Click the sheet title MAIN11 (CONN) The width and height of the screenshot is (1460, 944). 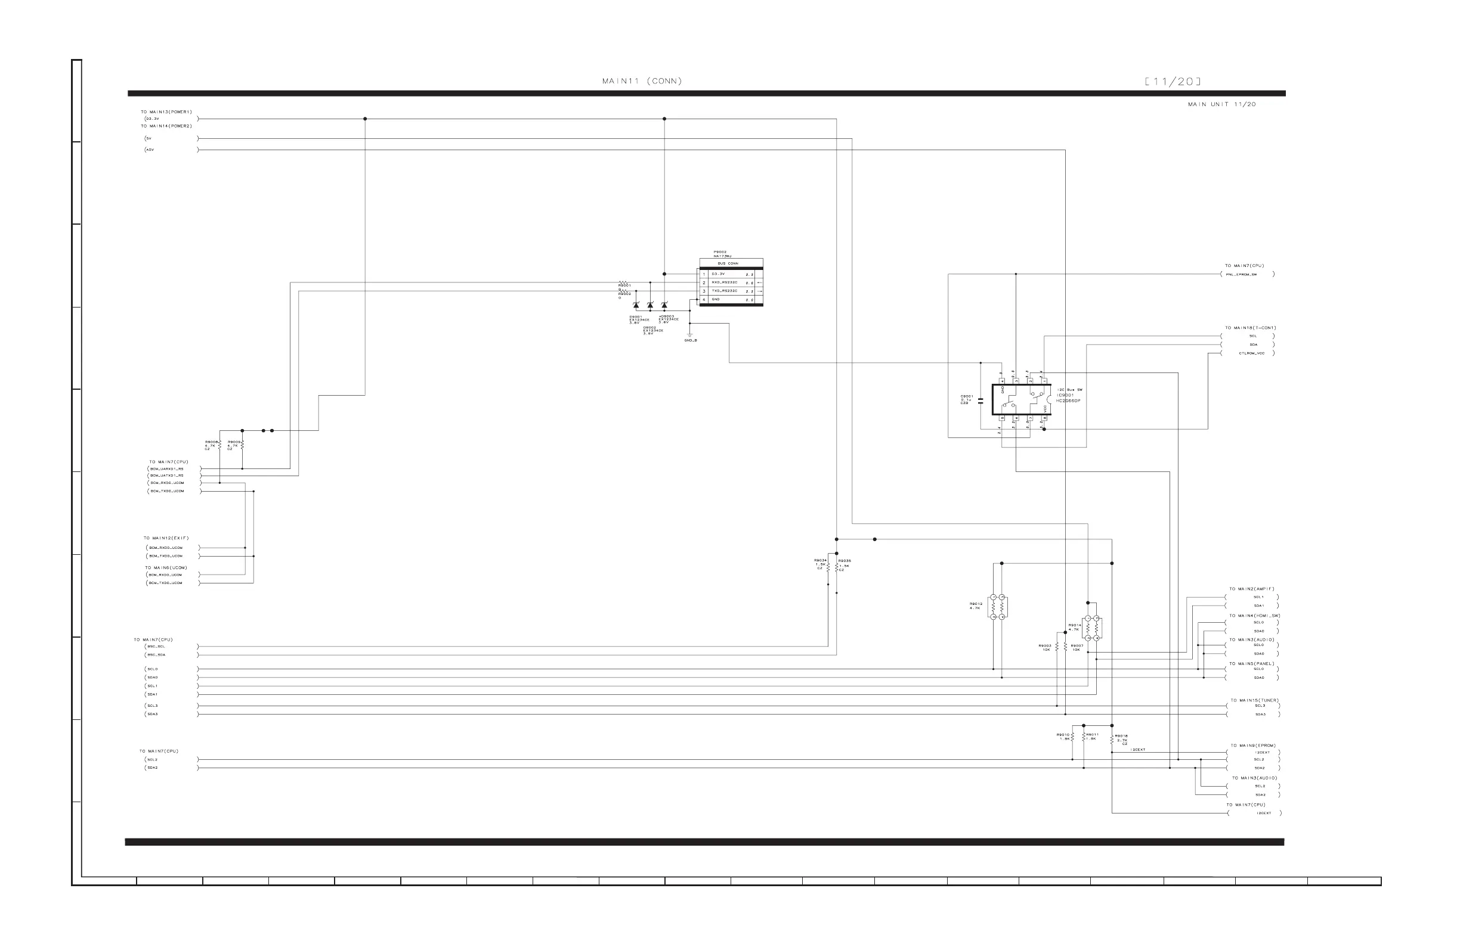642,81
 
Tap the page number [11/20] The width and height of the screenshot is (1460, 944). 1173,82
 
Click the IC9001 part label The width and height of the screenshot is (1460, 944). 1065,395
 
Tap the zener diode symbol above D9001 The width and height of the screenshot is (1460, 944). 636,305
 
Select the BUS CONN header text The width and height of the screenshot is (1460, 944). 728,263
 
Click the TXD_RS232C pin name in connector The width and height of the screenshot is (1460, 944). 725,291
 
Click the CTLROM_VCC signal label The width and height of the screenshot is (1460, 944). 1251,353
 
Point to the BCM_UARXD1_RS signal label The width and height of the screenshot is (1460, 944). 167,469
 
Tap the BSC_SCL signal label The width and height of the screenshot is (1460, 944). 156,647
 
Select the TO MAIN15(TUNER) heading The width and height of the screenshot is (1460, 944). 1254,700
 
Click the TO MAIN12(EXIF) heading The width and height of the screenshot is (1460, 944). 166,538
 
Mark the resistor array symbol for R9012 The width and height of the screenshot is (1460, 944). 997,607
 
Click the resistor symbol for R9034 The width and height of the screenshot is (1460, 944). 828,567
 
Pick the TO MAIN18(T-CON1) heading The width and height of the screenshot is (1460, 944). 1250,328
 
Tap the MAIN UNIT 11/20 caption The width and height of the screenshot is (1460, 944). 1221,104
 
